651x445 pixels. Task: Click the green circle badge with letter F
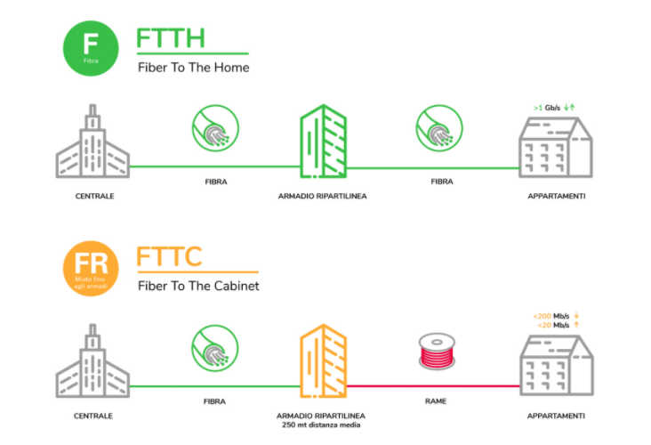tap(91, 46)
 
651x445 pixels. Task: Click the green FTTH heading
tap(171, 38)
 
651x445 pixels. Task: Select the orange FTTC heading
tap(170, 257)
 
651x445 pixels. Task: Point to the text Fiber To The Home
tap(193, 68)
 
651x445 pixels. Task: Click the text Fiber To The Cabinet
tap(199, 286)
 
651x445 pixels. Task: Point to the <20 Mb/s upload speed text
tap(552, 325)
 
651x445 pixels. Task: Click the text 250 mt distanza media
tap(323, 425)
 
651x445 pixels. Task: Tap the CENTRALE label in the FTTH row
tap(93, 195)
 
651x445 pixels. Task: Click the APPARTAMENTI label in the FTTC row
tap(556, 415)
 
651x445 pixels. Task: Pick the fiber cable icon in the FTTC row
tap(214, 352)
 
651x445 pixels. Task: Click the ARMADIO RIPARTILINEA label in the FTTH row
tap(323, 195)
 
